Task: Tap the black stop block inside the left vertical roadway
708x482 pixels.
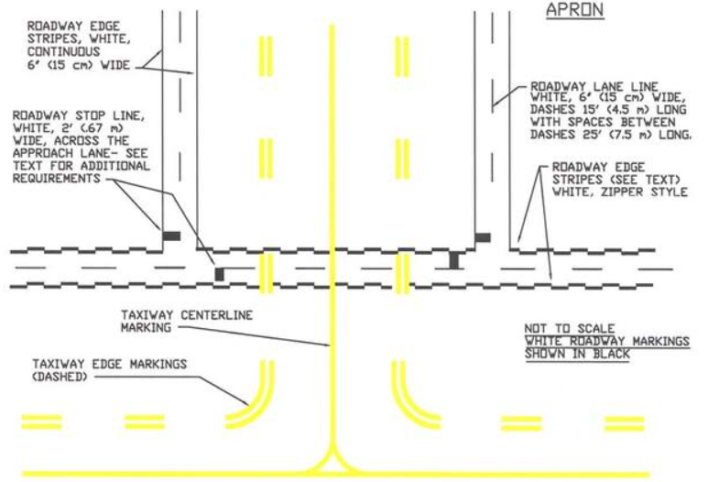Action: pyautogui.click(x=171, y=236)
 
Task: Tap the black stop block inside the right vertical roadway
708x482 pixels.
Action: pyautogui.click(x=483, y=236)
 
